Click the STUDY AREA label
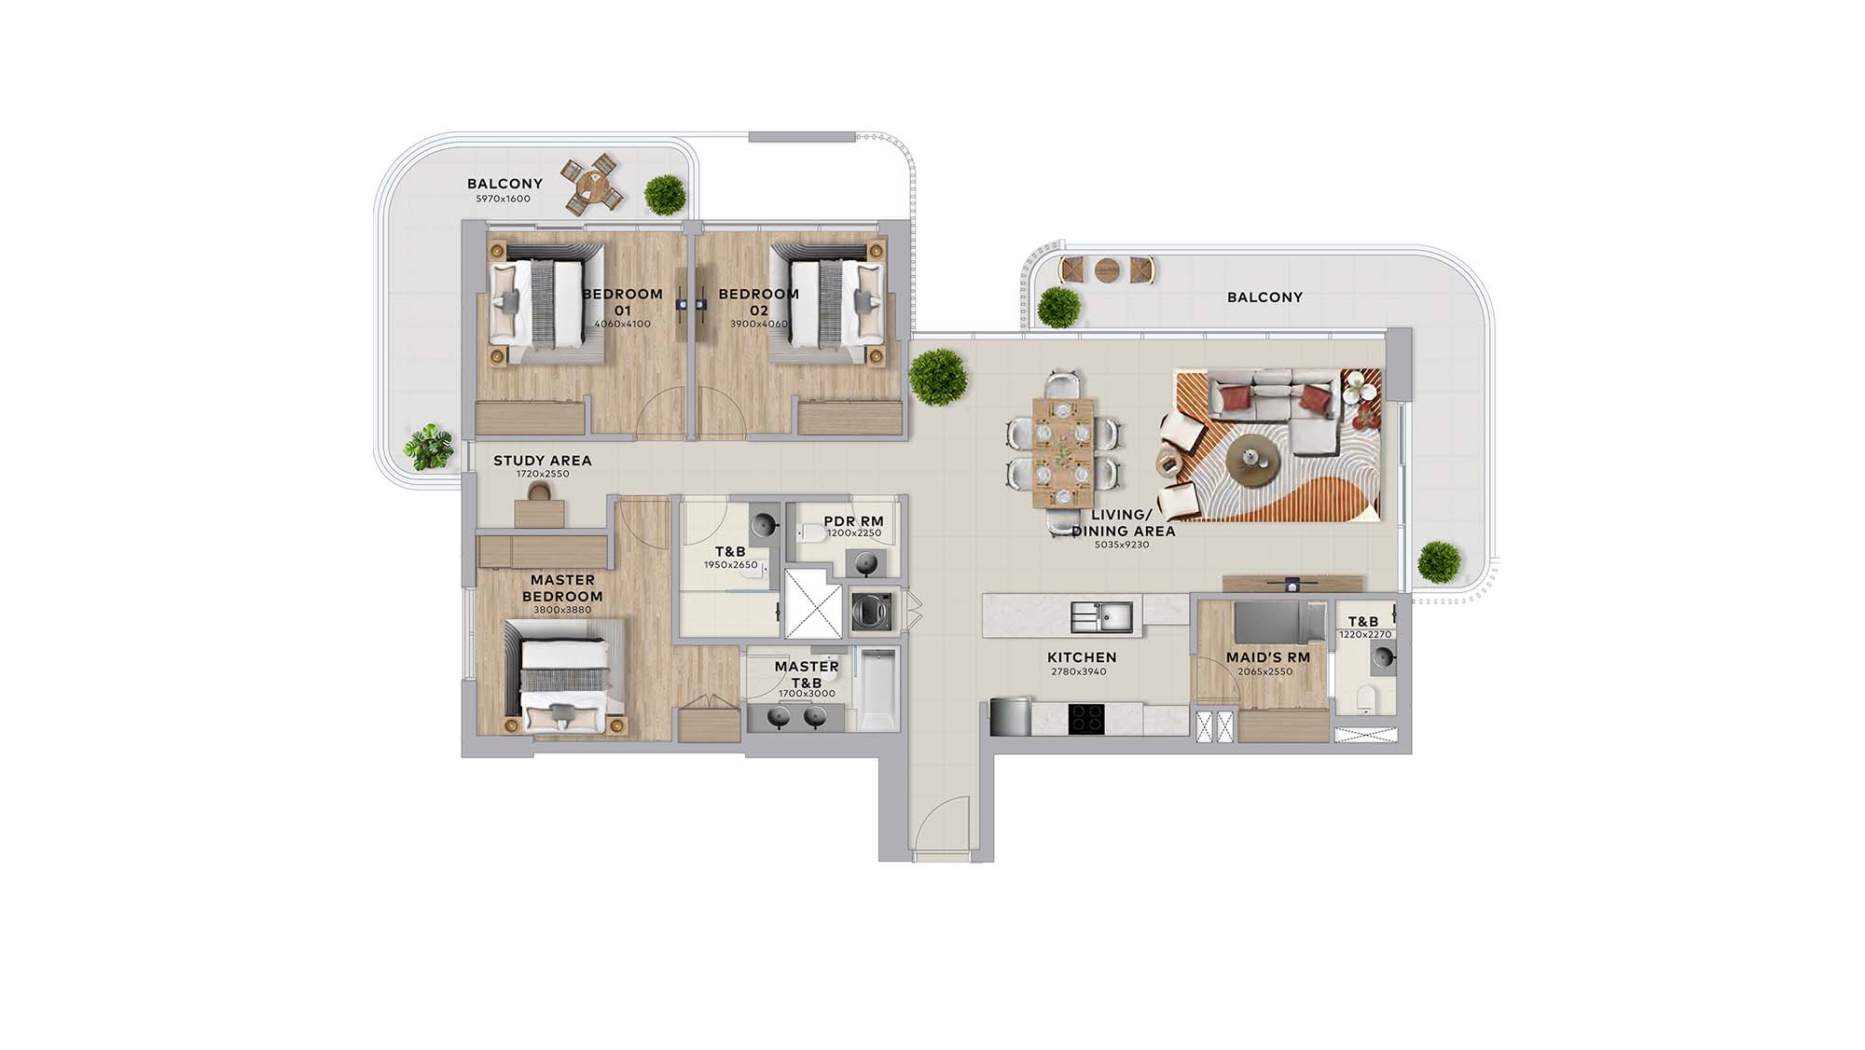pos(542,461)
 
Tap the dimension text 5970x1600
pos(503,199)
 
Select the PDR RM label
pos(853,521)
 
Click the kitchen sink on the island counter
pos(1101,616)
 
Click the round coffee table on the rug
pos(1250,460)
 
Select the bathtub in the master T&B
pos(877,689)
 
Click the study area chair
pos(540,491)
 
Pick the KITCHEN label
pos(1082,657)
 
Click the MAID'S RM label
pos(1268,657)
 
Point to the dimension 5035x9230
pos(1122,545)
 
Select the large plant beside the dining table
pos(937,377)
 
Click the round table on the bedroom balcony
pos(589,184)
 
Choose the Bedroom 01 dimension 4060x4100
pos(622,325)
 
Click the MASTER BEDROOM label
pos(562,588)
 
